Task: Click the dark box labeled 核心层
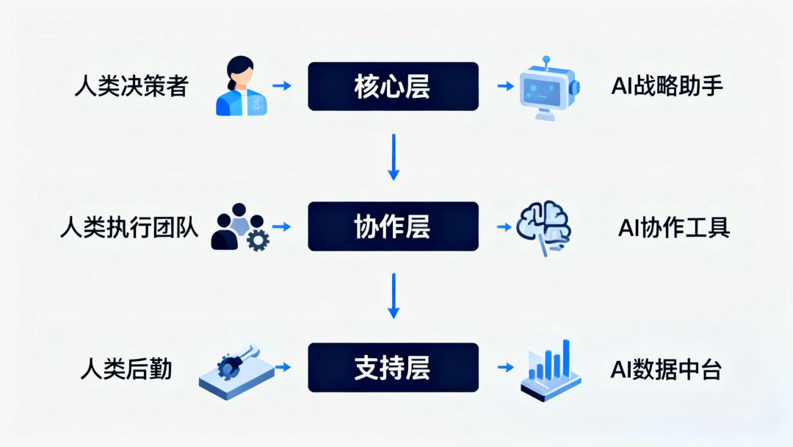[x=393, y=87]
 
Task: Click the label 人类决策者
[x=131, y=87]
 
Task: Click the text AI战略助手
[x=667, y=87]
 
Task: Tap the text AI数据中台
[x=666, y=368]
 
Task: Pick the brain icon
[x=545, y=228]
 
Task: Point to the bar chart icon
[x=550, y=368]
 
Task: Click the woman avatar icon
[x=239, y=86]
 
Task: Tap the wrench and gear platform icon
[x=236, y=370]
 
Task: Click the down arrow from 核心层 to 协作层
[x=394, y=157]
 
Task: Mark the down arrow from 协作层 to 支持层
[x=394, y=296]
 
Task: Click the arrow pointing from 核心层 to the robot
[x=504, y=87]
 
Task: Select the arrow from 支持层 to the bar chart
[x=504, y=367]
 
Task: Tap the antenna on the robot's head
[x=545, y=60]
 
